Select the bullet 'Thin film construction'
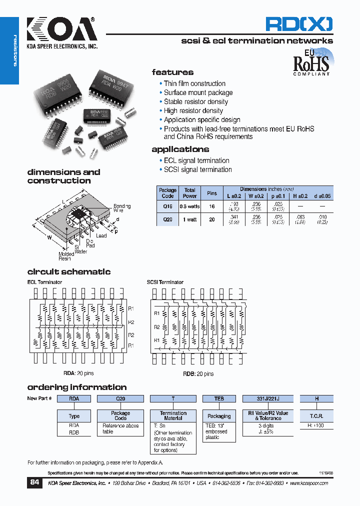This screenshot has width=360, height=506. coord(194,83)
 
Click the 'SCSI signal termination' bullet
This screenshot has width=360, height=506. coord(197,169)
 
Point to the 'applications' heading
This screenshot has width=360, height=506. coord(180,149)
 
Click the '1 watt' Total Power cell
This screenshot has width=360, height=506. coord(189,219)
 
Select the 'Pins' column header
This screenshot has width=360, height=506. coord(211,193)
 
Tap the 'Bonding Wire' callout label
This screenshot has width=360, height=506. coord(122,208)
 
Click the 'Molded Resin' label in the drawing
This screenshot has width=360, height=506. coord(65,256)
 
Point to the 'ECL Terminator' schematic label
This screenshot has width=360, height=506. coord(44,282)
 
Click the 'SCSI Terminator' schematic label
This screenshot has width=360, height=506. coord(165,282)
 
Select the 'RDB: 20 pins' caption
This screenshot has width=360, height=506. coord(194,373)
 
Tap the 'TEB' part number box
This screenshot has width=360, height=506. coord(219,398)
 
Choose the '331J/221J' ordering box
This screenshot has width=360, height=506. coord(267,398)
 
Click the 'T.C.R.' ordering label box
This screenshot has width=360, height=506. coord(316,416)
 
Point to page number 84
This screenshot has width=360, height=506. coord(34,482)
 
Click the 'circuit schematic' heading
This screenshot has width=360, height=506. coord(68,272)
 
